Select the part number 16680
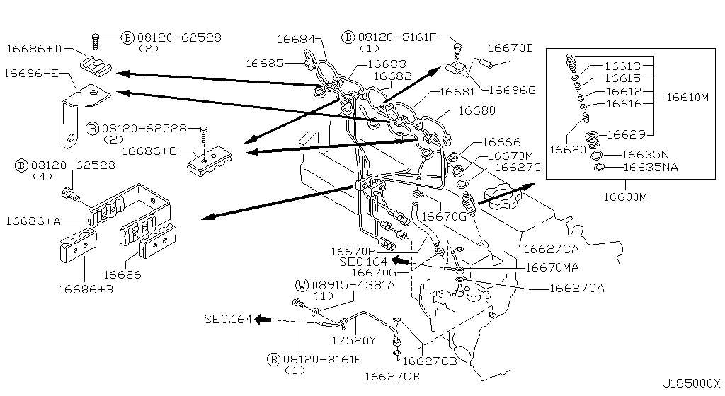click(x=477, y=110)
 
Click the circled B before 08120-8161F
click(x=348, y=37)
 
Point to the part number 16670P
click(x=351, y=250)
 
